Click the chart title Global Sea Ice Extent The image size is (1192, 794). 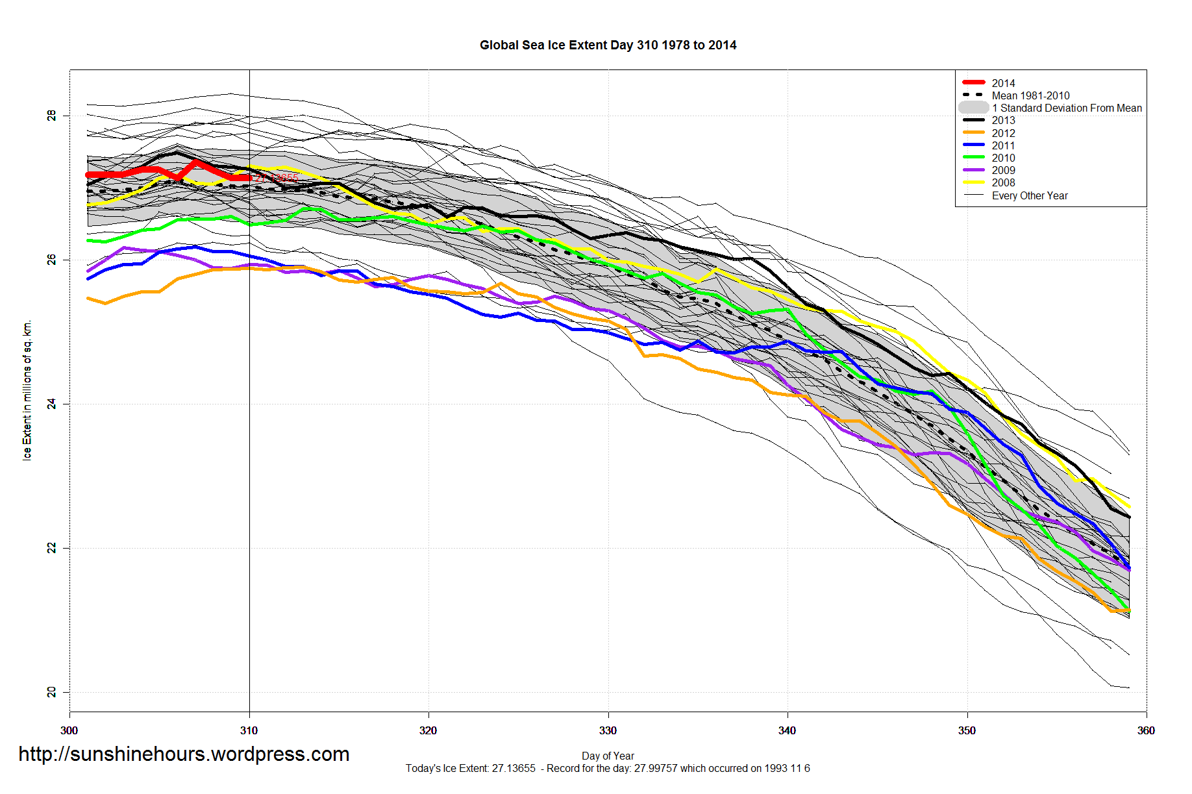click(608, 45)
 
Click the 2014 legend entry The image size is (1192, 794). click(1003, 83)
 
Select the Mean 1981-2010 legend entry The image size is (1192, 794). click(1030, 95)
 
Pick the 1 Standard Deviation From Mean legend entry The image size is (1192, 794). click(1067, 108)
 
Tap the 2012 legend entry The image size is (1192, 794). click(1003, 133)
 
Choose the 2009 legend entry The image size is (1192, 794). click(1003, 170)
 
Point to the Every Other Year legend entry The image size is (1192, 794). click(1030, 195)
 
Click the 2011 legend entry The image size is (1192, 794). click(1003, 145)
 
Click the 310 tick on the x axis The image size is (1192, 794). click(249, 730)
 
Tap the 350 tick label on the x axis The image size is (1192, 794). click(967, 730)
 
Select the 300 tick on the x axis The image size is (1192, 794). click(69, 730)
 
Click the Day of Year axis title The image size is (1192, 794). click(608, 756)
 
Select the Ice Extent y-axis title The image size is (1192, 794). click(27, 390)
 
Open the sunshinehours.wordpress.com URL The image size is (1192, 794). click(184, 754)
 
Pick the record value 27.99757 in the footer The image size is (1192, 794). click(656, 769)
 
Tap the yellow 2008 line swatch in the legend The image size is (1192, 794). click(974, 182)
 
